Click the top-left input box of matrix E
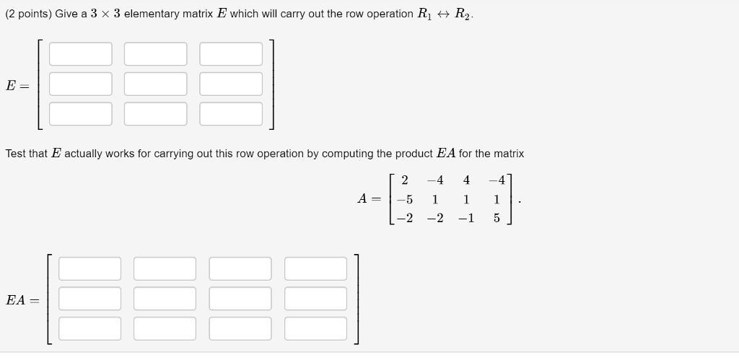81,54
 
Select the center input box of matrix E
155,84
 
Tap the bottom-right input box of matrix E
231,113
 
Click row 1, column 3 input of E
231,54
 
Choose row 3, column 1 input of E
81,113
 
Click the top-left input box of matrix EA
90,268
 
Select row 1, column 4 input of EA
315,268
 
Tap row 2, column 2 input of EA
165,299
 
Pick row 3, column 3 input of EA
240,328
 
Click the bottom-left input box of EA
90,328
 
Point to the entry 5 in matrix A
497,219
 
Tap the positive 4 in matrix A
466,180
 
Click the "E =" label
17,85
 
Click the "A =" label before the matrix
370,199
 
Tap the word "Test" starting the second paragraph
16,154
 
